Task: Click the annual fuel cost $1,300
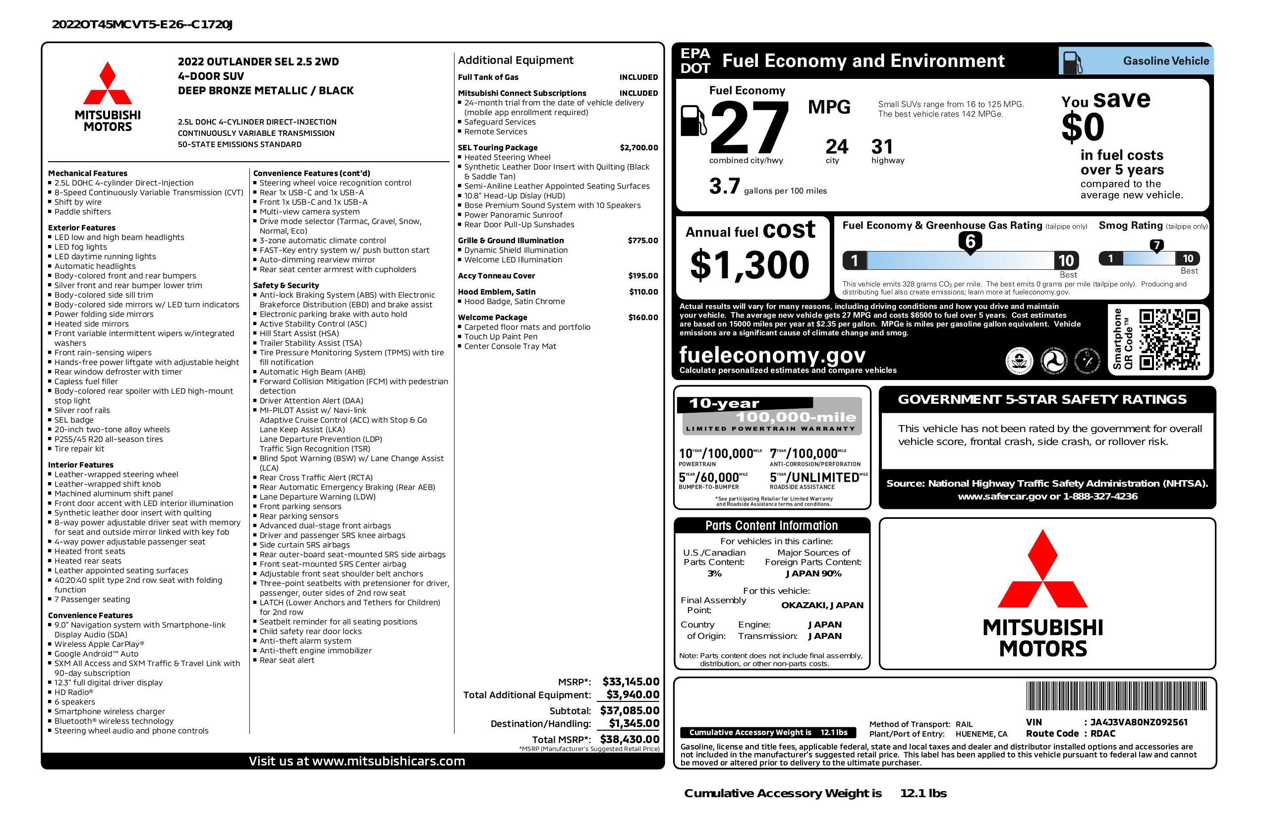(749, 265)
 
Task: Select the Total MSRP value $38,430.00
(630, 739)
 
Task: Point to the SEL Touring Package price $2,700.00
(638, 148)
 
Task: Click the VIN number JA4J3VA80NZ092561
(1139, 722)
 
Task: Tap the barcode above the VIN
(1116, 696)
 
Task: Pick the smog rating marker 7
(1156, 246)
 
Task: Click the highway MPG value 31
(882, 147)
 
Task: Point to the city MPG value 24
(837, 147)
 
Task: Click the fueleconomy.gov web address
(772, 355)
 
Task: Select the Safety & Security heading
(286, 285)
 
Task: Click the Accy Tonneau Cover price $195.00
(642, 276)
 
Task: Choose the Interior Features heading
(81, 464)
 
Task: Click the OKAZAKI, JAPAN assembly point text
(822, 605)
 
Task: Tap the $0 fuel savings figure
(1083, 127)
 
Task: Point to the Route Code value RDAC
(1102, 734)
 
